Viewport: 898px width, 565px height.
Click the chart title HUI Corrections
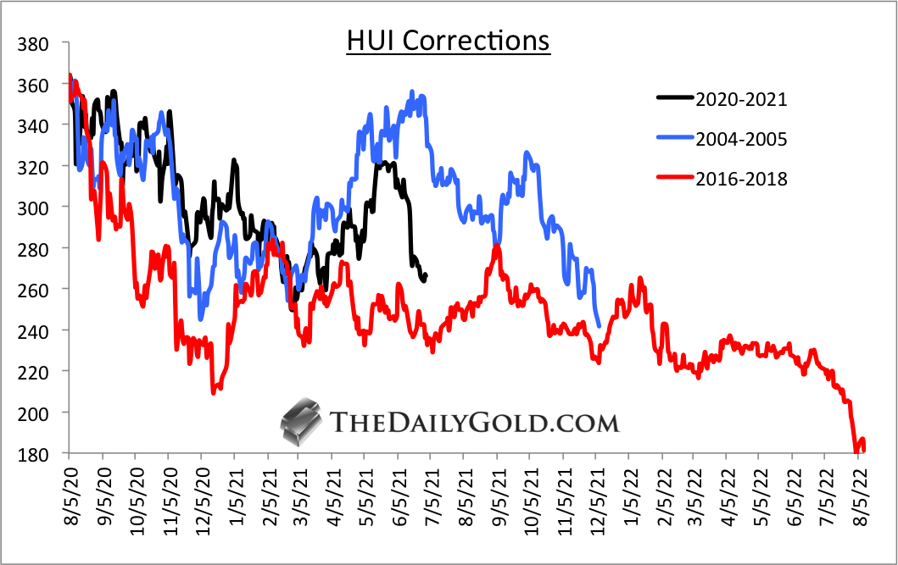pyautogui.click(x=448, y=41)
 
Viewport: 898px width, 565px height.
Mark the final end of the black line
pyautogui.click(x=426, y=274)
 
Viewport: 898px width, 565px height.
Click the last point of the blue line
pyautogui.click(x=600, y=325)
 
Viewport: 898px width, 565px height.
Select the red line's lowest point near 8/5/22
pyautogui.click(x=856, y=452)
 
